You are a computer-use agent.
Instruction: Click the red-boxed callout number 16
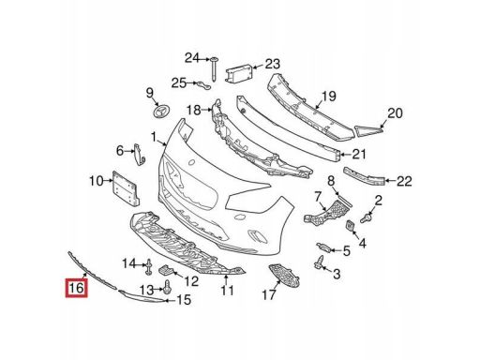click(76, 288)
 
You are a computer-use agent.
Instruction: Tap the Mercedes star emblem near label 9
click(162, 111)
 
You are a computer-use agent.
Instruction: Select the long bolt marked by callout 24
click(215, 69)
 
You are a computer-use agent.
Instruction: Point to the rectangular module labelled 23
click(239, 74)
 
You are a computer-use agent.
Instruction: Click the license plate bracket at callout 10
click(126, 188)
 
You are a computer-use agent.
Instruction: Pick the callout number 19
click(328, 96)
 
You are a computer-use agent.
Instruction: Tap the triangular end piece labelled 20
click(369, 130)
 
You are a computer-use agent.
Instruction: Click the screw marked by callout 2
click(367, 217)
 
